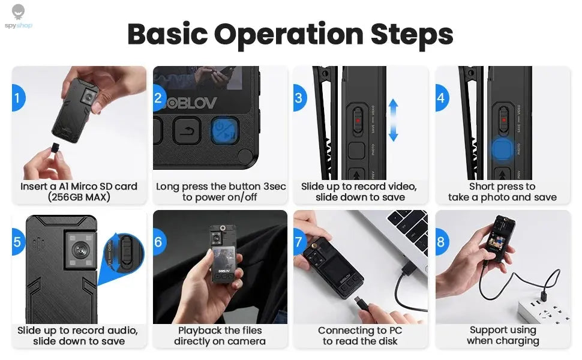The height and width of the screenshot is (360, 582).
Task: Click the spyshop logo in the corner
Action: tap(19, 16)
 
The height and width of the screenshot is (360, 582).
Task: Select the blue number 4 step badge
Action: tap(442, 98)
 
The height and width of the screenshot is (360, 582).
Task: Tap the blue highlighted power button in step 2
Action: tap(224, 130)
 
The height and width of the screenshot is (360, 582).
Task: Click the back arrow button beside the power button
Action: tap(187, 130)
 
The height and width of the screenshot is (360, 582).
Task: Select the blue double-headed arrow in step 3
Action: tap(393, 120)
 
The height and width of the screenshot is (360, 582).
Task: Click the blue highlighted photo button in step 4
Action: tap(502, 149)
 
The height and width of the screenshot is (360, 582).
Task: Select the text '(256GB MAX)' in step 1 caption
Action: tap(79, 197)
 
